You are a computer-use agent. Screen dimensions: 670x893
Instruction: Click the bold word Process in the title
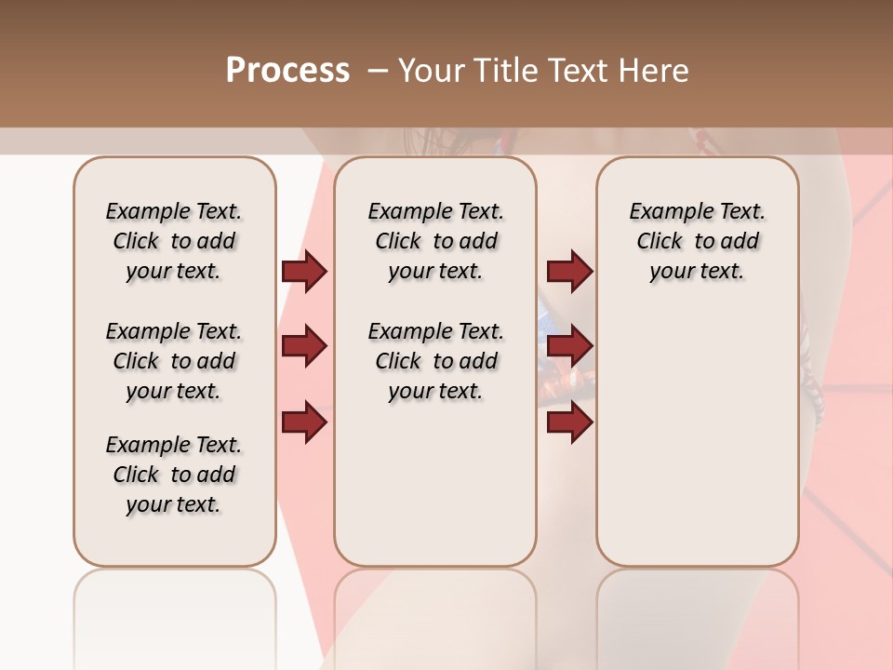[x=287, y=70]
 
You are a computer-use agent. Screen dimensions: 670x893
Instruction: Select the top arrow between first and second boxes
[x=304, y=272]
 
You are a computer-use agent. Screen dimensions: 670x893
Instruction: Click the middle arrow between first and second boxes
[x=304, y=347]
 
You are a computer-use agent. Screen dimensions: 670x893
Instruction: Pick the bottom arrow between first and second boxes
[x=304, y=422]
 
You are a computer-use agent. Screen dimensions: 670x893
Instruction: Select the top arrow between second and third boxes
[x=569, y=272]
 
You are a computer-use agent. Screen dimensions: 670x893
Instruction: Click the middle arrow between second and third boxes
[x=569, y=347]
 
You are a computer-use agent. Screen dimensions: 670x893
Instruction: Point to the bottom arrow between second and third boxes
[x=569, y=422]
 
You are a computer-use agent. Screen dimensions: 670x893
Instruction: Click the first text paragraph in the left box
[x=174, y=241]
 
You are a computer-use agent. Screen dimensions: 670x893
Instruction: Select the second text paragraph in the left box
[x=174, y=361]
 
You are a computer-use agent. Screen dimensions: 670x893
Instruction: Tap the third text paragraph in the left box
[x=174, y=475]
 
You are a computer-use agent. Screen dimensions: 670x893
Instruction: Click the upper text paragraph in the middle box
[x=435, y=241]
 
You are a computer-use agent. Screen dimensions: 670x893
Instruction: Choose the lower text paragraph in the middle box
[x=435, y=361]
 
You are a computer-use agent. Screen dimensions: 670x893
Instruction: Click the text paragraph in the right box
[x=697, y=241]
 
